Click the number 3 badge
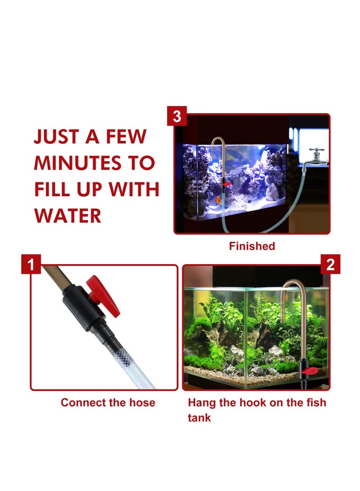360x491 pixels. [176, 117]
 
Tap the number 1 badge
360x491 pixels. [31, 265]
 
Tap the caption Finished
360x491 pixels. [252, 246]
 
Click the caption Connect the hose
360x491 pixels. [108, 402]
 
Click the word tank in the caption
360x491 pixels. [199, 418]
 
